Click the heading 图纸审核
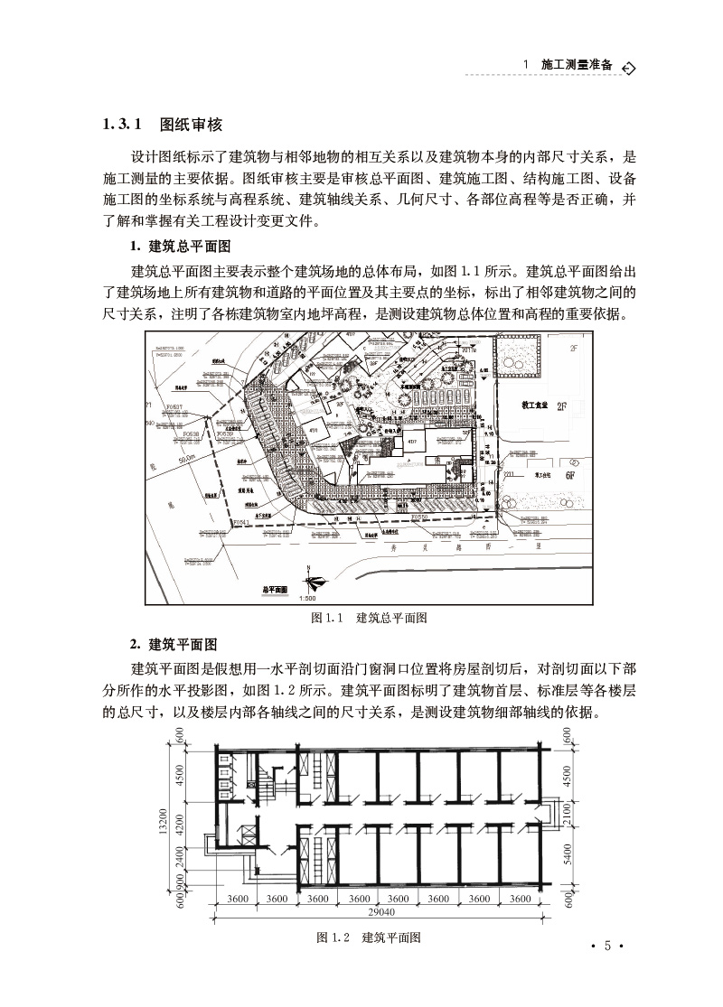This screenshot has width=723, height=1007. (x=191, y=125)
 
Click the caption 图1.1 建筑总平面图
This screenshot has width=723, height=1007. (x=368, y=618)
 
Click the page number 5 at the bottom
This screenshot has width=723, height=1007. (x=607, y=946)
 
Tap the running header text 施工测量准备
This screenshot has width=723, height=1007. (x=576, y=66)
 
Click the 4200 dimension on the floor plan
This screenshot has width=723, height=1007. (x=181, y=825)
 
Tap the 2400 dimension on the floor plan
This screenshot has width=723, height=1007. (x=181, y=857)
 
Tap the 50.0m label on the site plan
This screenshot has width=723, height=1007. (x=186, y=462)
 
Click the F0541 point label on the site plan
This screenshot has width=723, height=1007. (x=239, y=523)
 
